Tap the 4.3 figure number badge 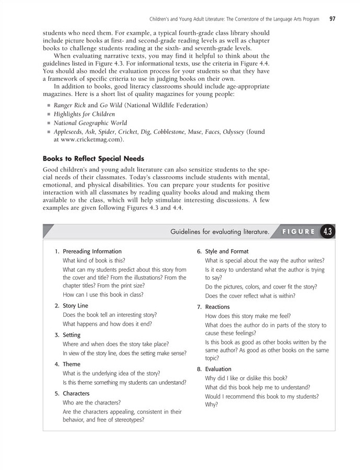pos(328,231)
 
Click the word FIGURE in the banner pos(299,231)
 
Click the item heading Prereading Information pos(92,251)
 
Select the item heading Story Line pos(75,305)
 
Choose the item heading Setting pos(72,334)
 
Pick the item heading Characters pos(76,393)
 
